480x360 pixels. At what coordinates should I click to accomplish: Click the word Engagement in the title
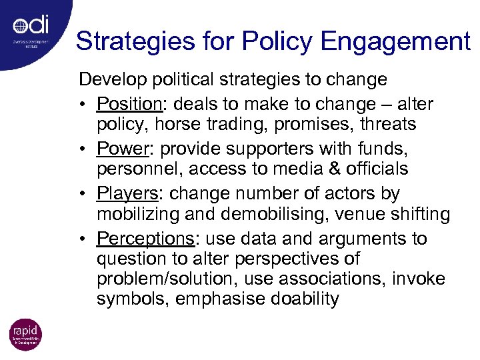(x=395, y=41)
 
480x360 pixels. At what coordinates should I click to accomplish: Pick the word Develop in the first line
(x=112, y=80)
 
